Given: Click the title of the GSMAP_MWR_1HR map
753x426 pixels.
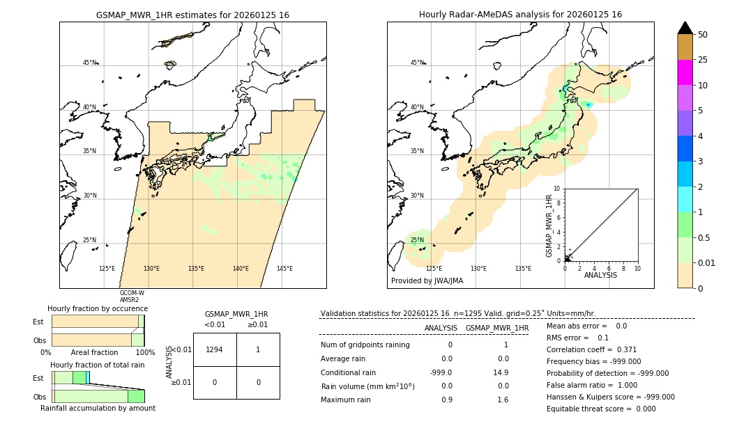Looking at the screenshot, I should point(192,15).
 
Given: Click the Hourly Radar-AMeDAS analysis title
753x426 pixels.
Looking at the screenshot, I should point(520,15).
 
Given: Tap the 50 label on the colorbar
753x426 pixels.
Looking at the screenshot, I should point(703,34).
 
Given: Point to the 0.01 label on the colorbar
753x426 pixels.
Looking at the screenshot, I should point(707,262).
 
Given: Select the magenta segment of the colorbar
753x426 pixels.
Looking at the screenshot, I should point(685,72).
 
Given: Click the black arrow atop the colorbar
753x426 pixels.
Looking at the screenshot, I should point(685,28).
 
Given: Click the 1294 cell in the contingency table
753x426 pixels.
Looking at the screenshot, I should point(215,349).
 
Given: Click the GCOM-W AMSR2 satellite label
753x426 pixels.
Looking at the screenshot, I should point(132,297).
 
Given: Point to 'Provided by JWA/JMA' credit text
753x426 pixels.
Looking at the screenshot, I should point(427,281).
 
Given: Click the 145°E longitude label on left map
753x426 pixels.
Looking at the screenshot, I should point(284,269).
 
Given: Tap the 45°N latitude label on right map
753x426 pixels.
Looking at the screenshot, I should point(417,63).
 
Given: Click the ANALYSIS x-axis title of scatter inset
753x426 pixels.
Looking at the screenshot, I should point(600,275).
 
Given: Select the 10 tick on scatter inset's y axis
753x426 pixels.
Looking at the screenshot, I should point(557,189).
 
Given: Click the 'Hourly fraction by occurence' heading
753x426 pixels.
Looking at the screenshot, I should point(98,308).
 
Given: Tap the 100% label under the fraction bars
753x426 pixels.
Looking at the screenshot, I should point(145,353).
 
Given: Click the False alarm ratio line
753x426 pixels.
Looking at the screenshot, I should point(592,385).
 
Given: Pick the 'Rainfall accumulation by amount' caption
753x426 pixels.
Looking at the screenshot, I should point(98,408).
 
